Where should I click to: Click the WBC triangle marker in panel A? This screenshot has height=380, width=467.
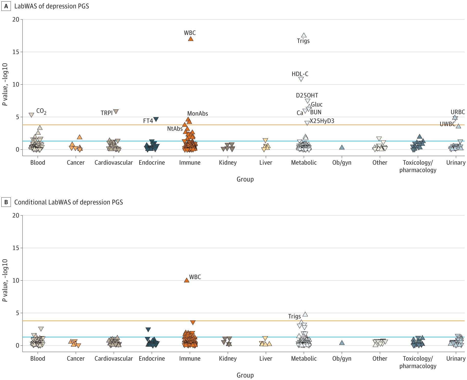pyautogui.click(x=191, y=39)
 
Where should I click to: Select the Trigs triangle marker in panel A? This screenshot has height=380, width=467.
pyautogui.click(x=304, y=35)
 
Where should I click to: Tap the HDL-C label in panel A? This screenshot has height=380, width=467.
pyautogui.click(x=300, y=74)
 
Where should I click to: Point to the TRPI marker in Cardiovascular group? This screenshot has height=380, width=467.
pyautogui.click(x=116, y=112)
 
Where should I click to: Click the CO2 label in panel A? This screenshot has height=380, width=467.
pyautogui.click(x=41, y=111)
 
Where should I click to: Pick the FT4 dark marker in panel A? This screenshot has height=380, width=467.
pyautogui.click(x=156, y=119)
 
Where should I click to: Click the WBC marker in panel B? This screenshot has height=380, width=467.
pyautogui.click(x=187, y=280)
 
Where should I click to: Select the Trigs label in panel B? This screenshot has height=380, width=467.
pyautogui.click(x=294, y=317)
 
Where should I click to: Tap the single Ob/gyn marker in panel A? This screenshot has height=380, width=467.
pyautogui.click(x=342, y=147)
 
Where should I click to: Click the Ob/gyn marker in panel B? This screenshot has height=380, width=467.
pyautogui.click(x=342, y=343)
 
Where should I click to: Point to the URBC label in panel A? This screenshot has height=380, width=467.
pyautogui.click(x=458, y=112)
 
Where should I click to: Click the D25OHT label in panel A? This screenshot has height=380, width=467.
pyautogui.click(x=307, y=96)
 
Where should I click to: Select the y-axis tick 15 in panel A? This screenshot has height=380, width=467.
pyautogui.click(x=16, y=52)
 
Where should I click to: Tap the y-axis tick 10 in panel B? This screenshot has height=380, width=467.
pyautogui.click(x=16, y=280)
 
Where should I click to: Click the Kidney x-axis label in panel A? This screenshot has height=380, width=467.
pyautogui.click(x=228, y=163)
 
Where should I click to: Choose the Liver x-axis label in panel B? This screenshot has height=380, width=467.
pyautogui.click(x=266, y=359)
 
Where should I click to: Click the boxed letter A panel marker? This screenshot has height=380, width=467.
pyautogui.click(x=6, y=6)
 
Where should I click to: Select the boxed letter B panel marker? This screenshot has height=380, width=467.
pyautogui.click(x=6, y=202)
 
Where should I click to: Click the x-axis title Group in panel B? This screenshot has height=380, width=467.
pyautogui.click(x=245, y=375)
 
